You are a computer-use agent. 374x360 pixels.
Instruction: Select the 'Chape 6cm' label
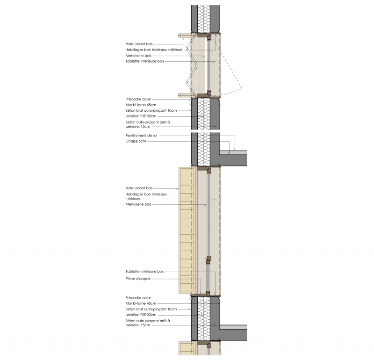[x=136, y=141]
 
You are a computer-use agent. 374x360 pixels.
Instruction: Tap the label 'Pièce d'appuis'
[x=140, y=279]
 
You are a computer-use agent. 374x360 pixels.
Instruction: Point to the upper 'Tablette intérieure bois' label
[x=145, y=61]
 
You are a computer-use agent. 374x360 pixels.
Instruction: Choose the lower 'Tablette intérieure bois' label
[x=145, y=271]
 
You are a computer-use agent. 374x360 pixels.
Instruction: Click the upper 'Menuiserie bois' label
[x=138, y=55]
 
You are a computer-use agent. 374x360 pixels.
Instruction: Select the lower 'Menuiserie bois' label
[x=138, y=204]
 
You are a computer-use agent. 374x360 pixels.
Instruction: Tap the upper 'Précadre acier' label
[x=139, y=99]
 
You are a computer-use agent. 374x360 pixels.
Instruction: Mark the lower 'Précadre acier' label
[x=139, y=298]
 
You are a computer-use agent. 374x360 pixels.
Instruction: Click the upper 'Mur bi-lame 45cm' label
[x=141, y=105]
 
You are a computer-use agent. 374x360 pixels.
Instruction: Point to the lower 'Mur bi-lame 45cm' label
[x=141, y=303]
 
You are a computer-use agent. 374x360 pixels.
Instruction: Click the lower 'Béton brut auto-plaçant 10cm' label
[x=151, y=309]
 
